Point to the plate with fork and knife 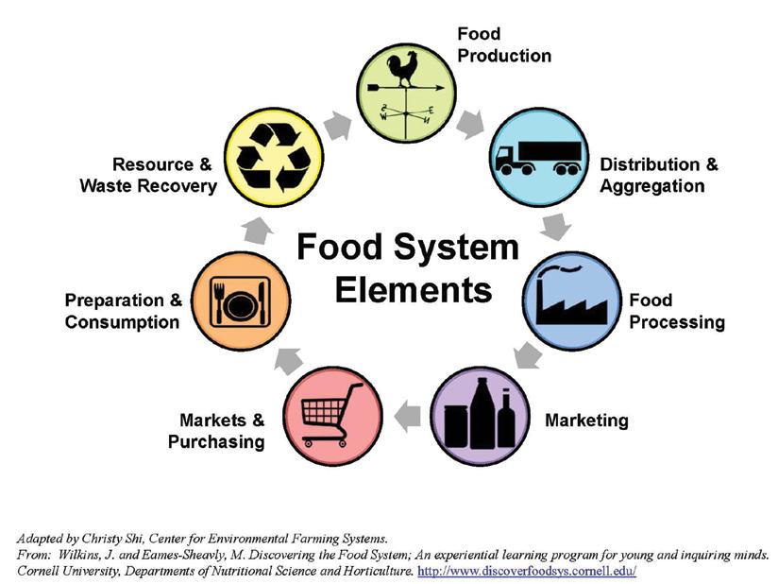[x=239, y=301]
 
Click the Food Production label [x=503, y=44]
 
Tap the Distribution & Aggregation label [x=658, y=175]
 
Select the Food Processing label [x=676, y=311]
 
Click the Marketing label [x=585, y=420]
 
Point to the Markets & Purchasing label [x=216, y=430]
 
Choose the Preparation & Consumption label [x=123, y=311]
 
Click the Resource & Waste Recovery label [x=148, y=175]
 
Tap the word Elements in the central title [x=414, y=288]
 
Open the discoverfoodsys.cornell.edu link [x=526, y=572]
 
